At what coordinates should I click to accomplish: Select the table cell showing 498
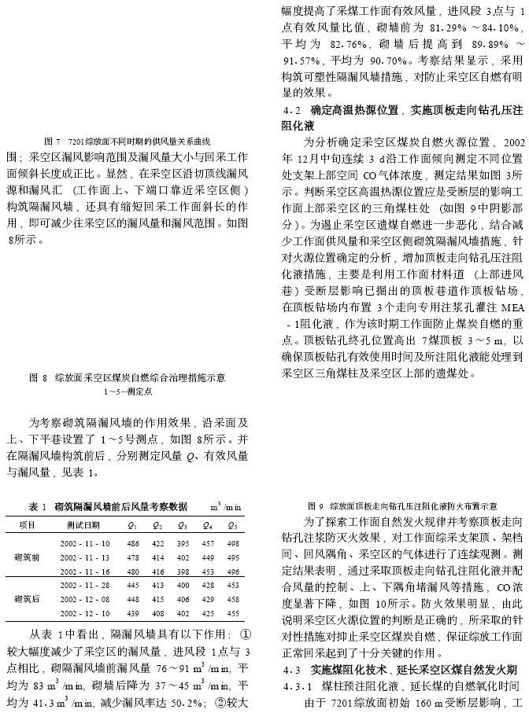point(234,544)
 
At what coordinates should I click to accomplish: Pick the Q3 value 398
point(183,571)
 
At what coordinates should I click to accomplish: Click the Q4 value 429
point(209,598)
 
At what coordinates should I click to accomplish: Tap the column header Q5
point(234,525)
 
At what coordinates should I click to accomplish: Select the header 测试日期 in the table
point(83,525)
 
